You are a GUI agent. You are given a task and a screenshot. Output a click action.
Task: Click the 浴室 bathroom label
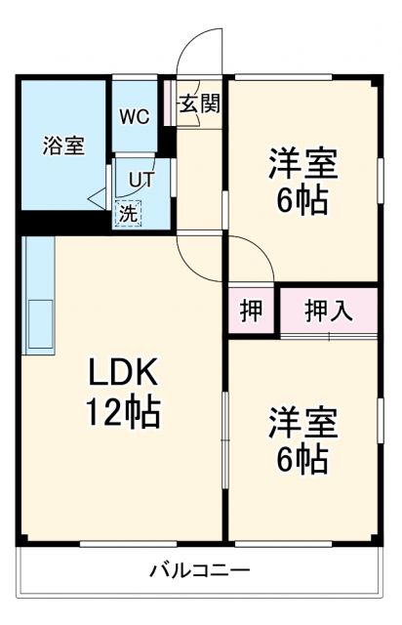(62, 146)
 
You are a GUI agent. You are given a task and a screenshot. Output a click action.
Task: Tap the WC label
(135, 115)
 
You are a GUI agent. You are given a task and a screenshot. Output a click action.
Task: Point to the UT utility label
(141, 180)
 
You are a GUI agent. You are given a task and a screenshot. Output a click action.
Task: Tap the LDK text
(124, 374)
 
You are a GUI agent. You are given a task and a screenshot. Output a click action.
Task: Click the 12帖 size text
(124, 414)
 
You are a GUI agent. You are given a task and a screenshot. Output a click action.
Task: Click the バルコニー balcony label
(199, 569)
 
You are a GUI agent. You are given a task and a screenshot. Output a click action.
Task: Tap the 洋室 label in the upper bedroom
(303, 163)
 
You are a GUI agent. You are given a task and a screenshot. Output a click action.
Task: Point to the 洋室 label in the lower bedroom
(303, 422)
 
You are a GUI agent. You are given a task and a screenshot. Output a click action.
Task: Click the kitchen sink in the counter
(40, 324)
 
